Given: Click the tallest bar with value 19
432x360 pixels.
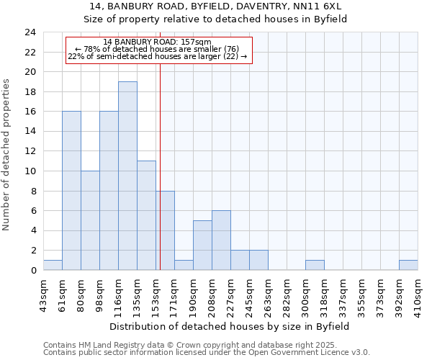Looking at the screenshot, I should [127, 176].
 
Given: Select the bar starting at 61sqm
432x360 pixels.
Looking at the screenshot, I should [71, 191].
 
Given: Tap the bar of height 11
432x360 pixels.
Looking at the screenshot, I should [146, 215].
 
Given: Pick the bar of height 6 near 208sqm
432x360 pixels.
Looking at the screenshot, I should [221, 240].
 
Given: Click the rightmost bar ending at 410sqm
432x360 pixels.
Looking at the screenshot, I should [408, 265].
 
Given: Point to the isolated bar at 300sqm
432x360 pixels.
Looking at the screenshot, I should [315, 265].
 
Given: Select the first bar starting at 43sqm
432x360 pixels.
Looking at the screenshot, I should [53, 265].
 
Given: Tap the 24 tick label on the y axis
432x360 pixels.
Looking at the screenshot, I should [30, 32].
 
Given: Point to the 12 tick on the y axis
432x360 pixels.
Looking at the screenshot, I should [30, 151].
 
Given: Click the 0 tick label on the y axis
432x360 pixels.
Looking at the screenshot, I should [32, 270].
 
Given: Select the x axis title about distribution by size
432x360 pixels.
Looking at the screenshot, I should [230, 326].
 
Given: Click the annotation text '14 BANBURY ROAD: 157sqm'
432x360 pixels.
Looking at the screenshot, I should [157, 42].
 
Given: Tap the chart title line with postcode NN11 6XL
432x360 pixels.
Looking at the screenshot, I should [215, 6].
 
